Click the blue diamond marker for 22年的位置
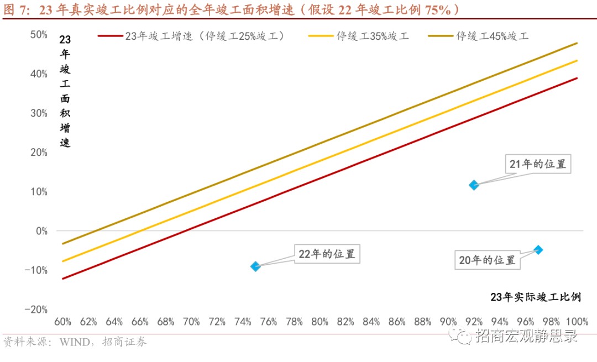(255, 266)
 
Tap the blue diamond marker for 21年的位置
(474, 185)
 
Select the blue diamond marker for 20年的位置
(538, 250)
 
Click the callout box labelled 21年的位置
(538, 164)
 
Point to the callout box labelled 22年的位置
(326, 255)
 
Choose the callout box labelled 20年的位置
(487, 260)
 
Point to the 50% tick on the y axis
(39, 35)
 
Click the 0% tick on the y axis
(42, 231)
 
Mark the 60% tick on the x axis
(62, 322)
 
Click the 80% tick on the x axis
(320, 322)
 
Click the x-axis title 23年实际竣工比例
(536, 297)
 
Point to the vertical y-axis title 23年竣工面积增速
(65, 91)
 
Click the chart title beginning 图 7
(232, 9)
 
